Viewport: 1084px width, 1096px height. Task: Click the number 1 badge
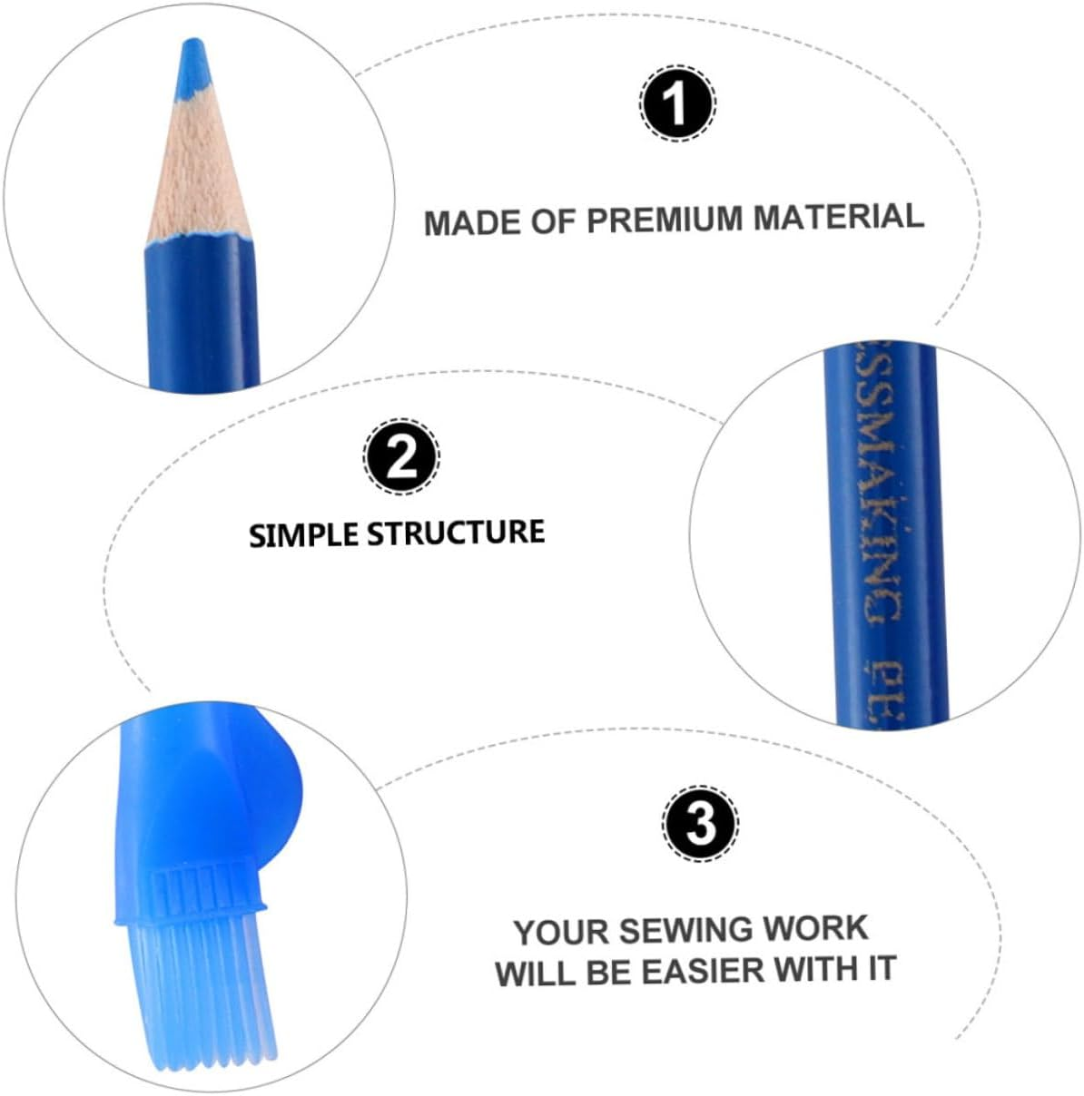pos(677,103)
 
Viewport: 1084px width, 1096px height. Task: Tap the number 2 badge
pos(401,456)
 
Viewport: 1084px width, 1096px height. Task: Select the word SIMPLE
pos(303,534)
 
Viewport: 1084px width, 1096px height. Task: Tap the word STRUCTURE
pos(456,532)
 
